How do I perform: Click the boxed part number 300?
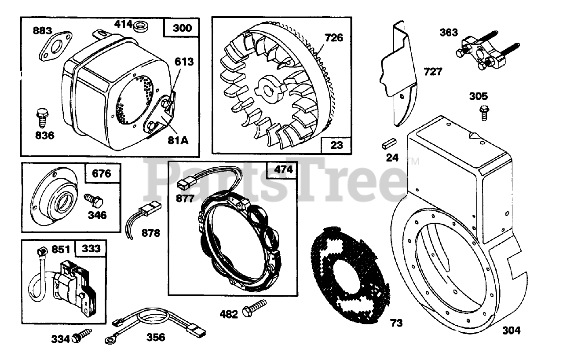[x=182, y=28]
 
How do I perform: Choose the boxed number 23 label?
[x=336, y=144]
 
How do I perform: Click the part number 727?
[x=433, y=71]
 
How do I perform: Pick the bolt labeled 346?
[x=94, y=202]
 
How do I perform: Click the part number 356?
[x=156, y=338]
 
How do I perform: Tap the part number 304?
[x=511, y=330]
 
